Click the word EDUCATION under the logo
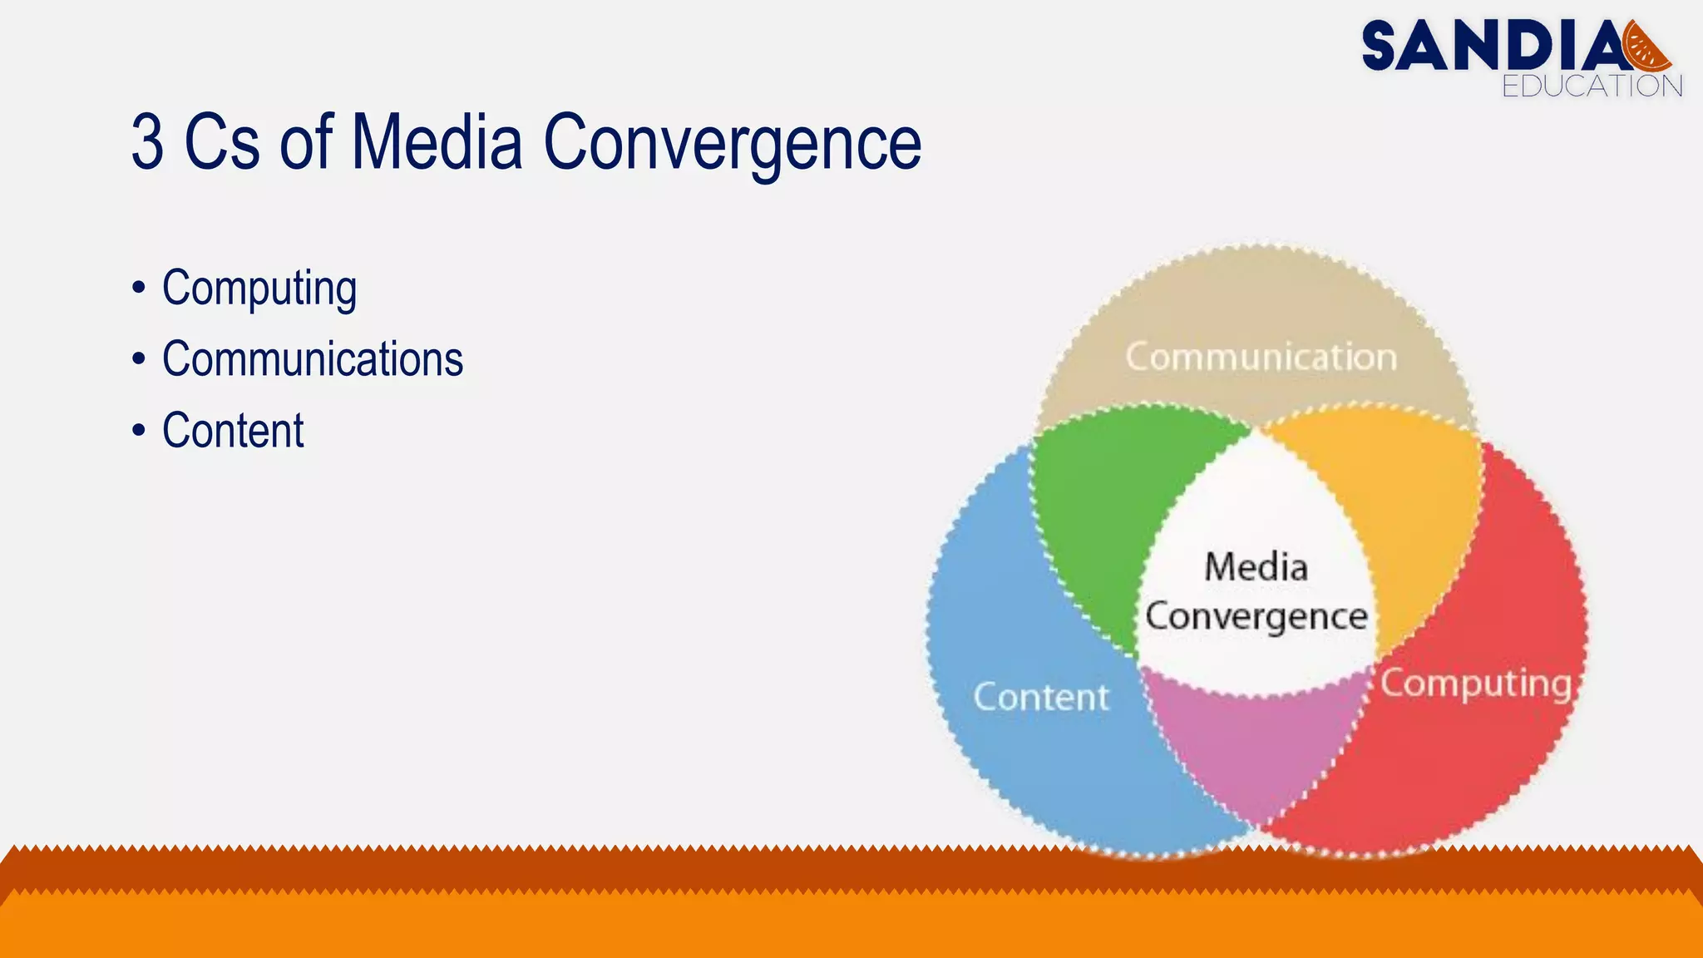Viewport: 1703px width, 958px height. pyautogui.click(x=1592, y=86)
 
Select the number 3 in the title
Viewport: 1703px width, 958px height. pyautogui.click(x=148, y=143)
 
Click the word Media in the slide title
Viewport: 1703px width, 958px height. pyautogui.click(x=437, y=143)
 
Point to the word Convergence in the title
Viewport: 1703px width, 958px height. pyautogui.click(x=732, y=143)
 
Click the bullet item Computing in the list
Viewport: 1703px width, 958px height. pyautogui.click(x=259, y=288)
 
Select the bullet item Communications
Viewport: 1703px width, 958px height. pyautogui.click(x=313, y=359)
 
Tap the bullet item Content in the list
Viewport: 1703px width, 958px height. pyautogui.click(x=233, y=431)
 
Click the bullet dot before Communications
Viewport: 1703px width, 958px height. pyautogui.click(x=139, y=360)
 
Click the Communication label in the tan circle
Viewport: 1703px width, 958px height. pyautogui.click(x=1261, y=357)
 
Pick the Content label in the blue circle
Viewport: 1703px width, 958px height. pyautogui.click(x=1041, y=697)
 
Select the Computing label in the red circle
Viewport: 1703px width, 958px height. pyautogui.click(x=1475, y=684)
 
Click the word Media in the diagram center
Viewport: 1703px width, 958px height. pyautogui.click(x=1256, y=567)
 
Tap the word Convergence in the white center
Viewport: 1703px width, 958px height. pyautogui.click(x=1256, y=617)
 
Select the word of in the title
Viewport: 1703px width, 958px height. pyautogui.click(x=305, y=143)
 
